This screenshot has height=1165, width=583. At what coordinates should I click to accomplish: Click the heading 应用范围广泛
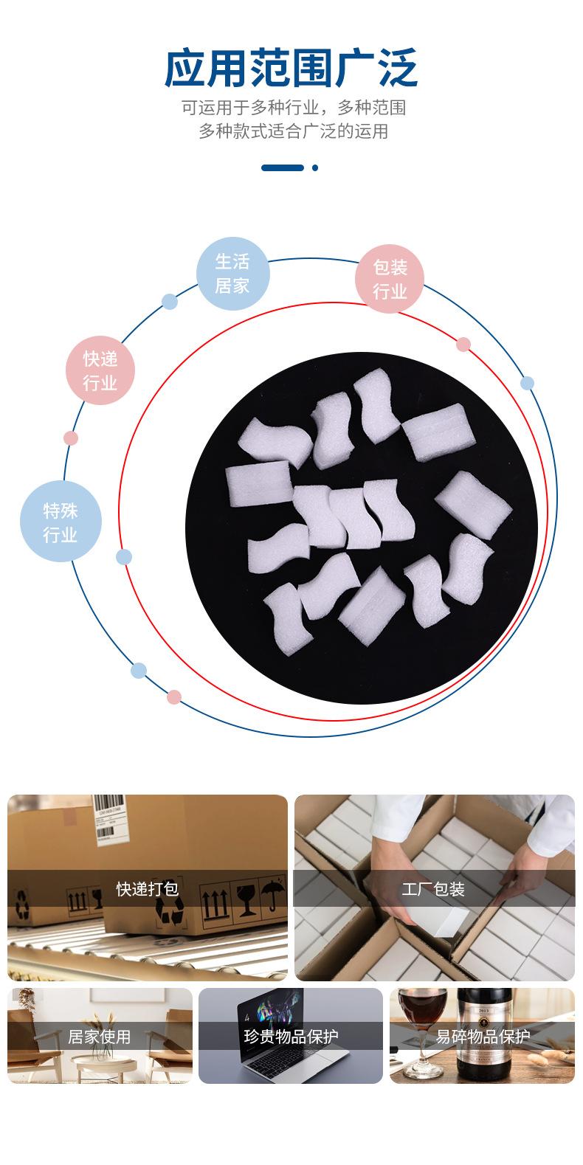(x=291, y=69)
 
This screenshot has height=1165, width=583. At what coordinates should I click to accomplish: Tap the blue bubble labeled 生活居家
(x=232, y=273)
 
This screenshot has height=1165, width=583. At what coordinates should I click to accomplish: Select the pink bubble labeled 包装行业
(x=390, y=279)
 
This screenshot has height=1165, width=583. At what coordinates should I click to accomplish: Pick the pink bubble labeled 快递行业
(x=100, y=371)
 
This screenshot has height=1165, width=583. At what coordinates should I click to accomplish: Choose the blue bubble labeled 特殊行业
(x=61, y=522)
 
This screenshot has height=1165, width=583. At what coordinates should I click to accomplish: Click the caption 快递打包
(x=148, y=888)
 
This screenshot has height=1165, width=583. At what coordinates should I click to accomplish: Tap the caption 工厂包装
(x=433, y=889)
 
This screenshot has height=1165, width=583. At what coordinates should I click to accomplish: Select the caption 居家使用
(x=100, y=1037)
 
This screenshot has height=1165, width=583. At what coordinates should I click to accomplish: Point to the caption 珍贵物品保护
(x=291, y=1037)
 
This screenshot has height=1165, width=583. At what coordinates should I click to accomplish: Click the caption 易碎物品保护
(x=483, y=1037)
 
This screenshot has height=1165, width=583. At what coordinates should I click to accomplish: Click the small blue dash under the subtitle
(x=283, y=167)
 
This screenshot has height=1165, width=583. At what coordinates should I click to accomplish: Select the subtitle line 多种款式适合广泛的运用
(x=293, y=131)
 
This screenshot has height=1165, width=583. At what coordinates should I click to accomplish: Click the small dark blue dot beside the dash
(x=315, y=167)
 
